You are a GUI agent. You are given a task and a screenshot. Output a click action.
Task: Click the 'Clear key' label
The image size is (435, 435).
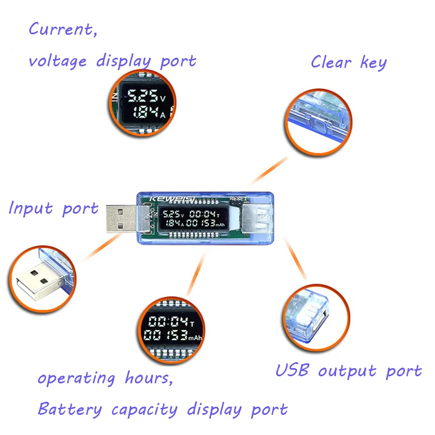click(x=348, y=62)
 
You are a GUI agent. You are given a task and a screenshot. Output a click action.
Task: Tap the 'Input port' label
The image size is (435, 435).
click(x=53, y=208)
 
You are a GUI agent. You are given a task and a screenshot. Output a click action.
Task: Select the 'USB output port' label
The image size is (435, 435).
click(x=348, y=371)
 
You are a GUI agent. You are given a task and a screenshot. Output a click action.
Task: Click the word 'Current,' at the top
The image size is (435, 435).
click(x=63, y=29)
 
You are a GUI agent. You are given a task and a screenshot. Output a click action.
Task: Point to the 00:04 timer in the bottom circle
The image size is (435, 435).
click(x=171, y=320)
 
